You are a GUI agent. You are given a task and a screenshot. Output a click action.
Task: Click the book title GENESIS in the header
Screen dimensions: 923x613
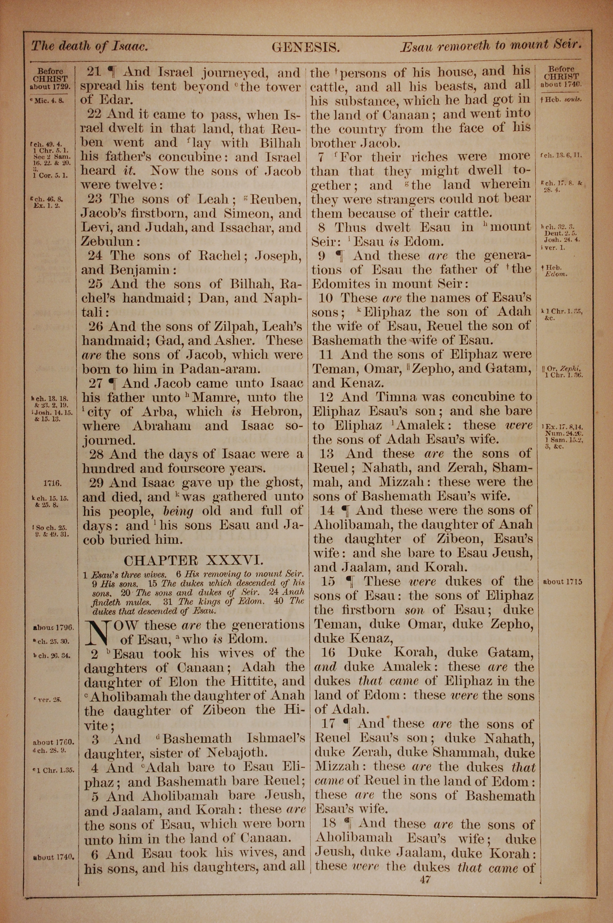pyautogui.click(x=306, y=48)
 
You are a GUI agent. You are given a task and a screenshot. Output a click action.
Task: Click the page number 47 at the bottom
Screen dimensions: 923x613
pyautogui.click(x=425, y=879)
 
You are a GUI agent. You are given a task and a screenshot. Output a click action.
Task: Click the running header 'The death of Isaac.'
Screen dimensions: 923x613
pyautogui.click(x=89, y=47)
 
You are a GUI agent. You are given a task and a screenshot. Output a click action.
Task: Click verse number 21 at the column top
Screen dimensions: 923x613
pyautogui.click(x=94, y=72)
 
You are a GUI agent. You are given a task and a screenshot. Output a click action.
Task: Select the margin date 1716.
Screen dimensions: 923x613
pyautogui.click(x=52, y=483)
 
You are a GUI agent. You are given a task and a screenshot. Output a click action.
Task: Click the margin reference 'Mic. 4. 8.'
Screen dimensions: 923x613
pyautogui.click(x=48, y=100)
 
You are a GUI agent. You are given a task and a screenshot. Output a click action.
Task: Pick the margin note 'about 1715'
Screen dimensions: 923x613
pyautogui.click(x=562, y=582)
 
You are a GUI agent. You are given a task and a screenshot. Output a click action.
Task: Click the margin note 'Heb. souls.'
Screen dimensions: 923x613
pyautogui.click(x=562, y=100)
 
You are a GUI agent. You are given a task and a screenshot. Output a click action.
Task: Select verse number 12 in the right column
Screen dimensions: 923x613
pyautogui.click(x=326, y=397)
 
